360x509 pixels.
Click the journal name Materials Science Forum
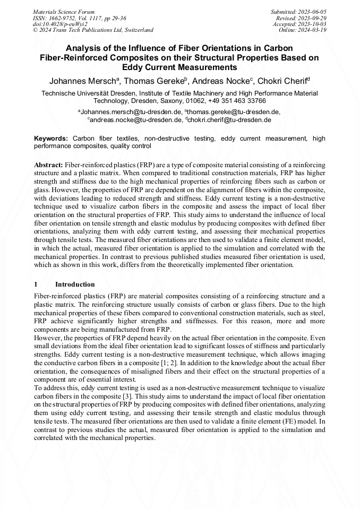pos(64,11)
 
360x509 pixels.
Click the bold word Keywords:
pos(51,138)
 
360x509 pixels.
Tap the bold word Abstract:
pos(49,165)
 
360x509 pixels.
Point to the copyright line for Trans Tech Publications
pos(93,30)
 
